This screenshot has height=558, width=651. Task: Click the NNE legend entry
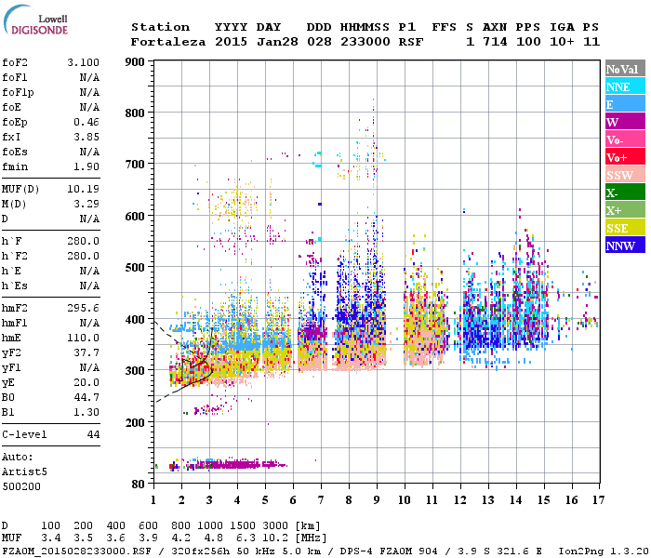[624, 86]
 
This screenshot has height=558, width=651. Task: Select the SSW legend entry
[624, 175]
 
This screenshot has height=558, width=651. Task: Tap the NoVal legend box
[624, 69]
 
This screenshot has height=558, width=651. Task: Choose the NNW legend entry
[624, 246]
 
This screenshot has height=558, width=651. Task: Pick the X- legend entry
[624, 193]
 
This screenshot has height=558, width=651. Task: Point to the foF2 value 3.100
[84, 61]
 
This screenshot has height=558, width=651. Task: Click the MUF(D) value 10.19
[84, 189]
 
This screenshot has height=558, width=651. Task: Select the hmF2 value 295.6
[84, 307]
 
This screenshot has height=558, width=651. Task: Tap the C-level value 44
[93, 434]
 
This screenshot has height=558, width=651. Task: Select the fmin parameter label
[16, 166]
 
